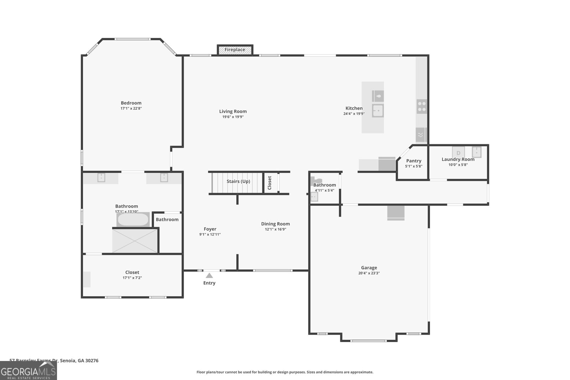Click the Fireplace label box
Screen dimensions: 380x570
click(235, 50)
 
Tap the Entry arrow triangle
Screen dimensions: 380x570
click(209, 275)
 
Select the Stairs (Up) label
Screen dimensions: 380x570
click(238, 181)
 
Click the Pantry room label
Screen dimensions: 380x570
click(414, 161)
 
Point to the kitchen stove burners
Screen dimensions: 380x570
click(421, 106)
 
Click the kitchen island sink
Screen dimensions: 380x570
click(378, 110)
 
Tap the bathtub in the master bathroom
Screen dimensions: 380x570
click(133, 220)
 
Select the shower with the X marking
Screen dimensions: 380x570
click(135, 241)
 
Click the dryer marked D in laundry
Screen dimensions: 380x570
click(458, 152)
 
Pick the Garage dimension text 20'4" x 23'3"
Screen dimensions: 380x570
click(369, 273)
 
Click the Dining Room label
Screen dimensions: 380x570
click(275, 224)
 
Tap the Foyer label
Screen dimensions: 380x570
click(210, 229)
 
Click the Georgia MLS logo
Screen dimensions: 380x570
click(28, 371)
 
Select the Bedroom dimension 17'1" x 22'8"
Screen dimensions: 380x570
click(131, 108)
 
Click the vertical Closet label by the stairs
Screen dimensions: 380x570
click(270, 183)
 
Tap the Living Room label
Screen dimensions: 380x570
click(233, 111)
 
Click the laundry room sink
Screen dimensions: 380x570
click(477, 152)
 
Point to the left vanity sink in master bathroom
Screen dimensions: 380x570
click(102, 177)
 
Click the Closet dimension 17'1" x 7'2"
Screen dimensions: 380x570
click(132, 278)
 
